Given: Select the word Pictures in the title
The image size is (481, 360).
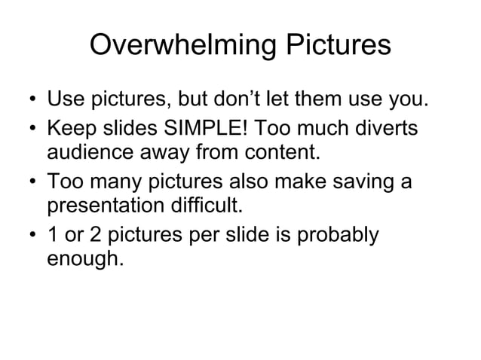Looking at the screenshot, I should pos(335,47).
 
